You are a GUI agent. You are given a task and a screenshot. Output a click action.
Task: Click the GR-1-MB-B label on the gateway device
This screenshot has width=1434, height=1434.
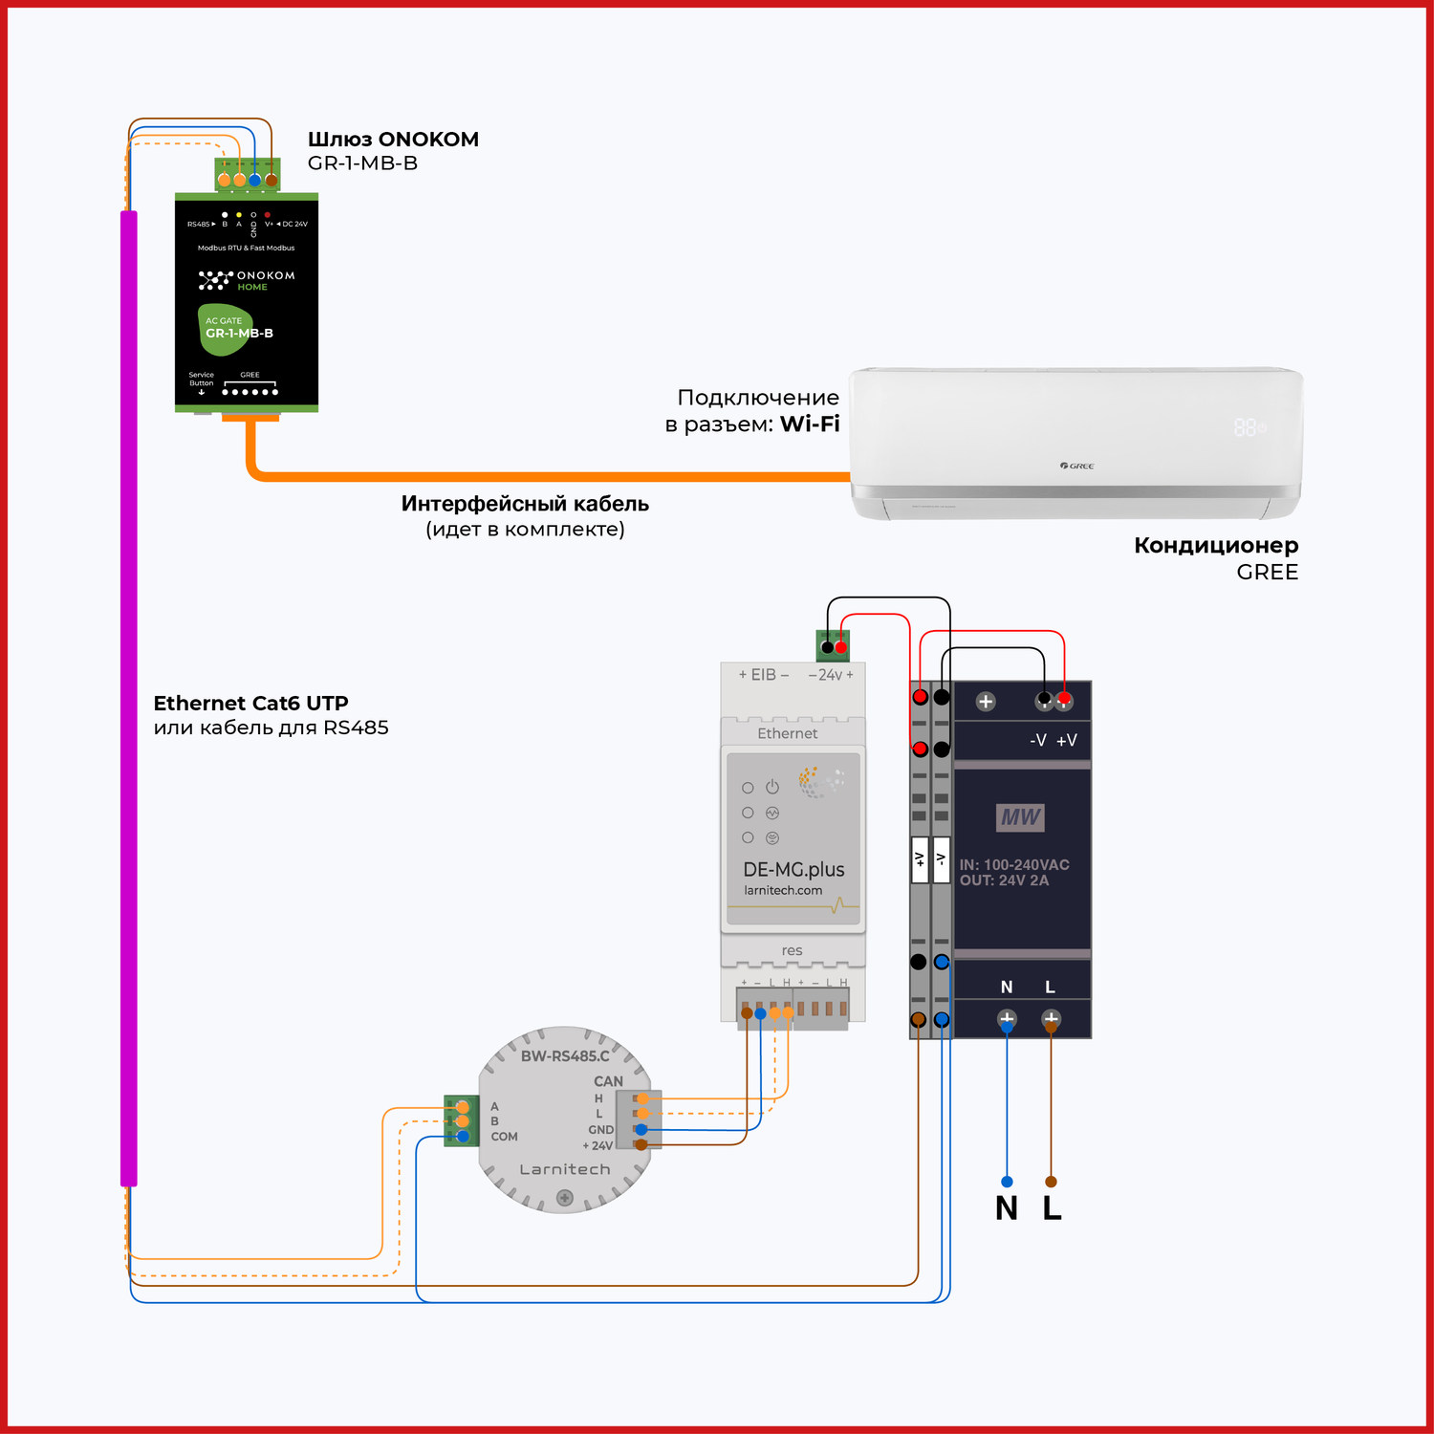(239, 334)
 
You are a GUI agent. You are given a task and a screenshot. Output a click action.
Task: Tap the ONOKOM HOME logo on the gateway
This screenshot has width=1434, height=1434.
(247, 280)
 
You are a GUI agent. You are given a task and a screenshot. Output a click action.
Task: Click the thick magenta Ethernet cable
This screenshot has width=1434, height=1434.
(129, 698)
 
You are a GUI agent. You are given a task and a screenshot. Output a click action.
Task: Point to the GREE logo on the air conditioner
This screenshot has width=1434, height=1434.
(1076, 466)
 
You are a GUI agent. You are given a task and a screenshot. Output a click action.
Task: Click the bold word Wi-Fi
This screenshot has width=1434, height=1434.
(810, 424)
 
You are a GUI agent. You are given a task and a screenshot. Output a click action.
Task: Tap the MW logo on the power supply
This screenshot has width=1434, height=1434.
(1020, 817)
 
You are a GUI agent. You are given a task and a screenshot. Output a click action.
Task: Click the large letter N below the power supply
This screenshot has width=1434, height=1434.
(1006, 1208)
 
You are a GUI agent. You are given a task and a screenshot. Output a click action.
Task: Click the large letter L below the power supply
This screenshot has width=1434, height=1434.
(1052, 1208)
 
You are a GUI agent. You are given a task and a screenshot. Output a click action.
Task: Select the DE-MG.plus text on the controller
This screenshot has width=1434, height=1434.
(793, 870)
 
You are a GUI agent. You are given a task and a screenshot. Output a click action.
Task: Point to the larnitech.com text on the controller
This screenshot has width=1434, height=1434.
(783, 890)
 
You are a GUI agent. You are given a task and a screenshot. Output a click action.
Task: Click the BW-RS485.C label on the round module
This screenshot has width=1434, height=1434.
(565, 1056)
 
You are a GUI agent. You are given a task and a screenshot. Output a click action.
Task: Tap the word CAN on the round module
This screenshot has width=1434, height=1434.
(608, 1081)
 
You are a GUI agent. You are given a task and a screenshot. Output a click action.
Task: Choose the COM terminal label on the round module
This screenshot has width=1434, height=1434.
(504, 1137)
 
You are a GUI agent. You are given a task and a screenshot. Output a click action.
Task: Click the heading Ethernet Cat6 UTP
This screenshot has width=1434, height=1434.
(250, 704)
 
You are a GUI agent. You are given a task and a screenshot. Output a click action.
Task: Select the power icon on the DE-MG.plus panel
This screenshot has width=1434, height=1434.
(772, 787)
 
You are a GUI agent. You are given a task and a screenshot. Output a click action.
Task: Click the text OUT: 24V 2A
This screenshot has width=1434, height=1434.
(1004, 880)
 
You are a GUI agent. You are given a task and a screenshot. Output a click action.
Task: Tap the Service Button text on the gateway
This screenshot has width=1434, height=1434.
(201, 380)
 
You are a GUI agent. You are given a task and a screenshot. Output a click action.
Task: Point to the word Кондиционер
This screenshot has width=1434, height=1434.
(1216, 546)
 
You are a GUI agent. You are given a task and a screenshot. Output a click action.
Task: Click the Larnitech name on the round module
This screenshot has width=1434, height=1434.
(564, 1169)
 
